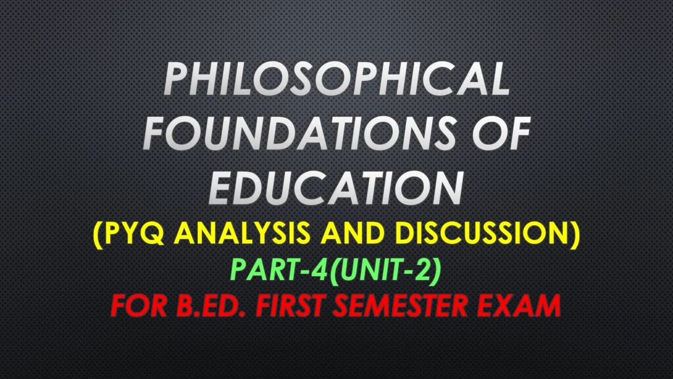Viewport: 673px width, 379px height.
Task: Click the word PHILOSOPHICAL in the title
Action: coord(336,79)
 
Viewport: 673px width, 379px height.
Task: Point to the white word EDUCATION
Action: coord(336,187)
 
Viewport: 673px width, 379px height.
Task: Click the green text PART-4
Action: coord(279,270)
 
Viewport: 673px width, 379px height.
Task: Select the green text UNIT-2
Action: coord(386,270)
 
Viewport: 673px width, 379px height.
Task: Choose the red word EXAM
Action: coord(524,305)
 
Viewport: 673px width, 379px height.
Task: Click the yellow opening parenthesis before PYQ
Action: coord(98,234)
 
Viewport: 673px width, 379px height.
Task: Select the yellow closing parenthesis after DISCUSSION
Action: coord(575,234)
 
